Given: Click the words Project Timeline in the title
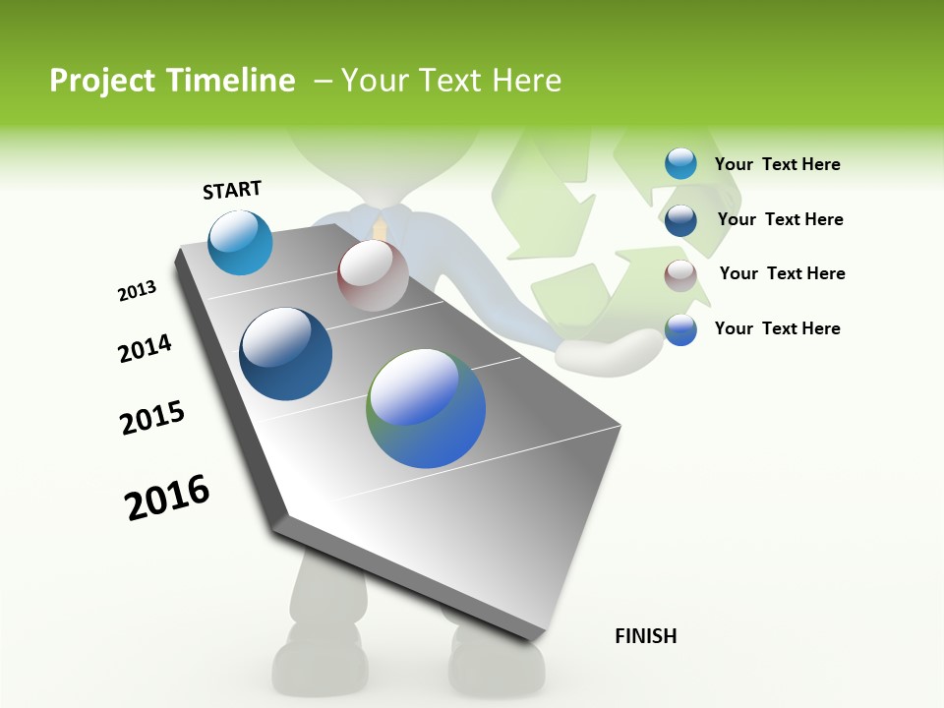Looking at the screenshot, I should click(172, 81).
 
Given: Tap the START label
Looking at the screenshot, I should click(232, 190).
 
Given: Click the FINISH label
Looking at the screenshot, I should click(645, 636).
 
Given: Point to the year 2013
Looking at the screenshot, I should click(137, 290).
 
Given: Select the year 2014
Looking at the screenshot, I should click(145, 348).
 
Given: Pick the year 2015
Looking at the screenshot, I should click(152, 418).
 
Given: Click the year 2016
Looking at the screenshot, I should click(167, 497).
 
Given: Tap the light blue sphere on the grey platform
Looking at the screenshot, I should click(240, 242).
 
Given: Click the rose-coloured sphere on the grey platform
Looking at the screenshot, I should click(373, 275).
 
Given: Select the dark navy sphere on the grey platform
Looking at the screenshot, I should click(285, 354).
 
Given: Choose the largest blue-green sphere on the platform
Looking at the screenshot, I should click(426, 408).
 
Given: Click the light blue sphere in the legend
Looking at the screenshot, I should click(680, 163).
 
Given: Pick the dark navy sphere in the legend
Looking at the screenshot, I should click(680, 220).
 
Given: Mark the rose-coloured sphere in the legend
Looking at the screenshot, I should click(680, 275).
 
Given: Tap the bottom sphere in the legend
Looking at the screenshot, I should click(680, 329).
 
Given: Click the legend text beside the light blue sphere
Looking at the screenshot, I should click(777, 164).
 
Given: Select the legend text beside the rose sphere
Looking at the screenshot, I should click(782, 273).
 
